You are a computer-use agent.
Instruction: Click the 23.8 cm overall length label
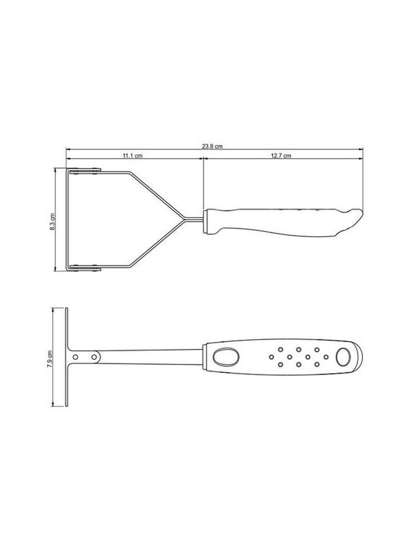click(x=212, y=146)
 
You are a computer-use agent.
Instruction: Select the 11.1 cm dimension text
click(x=132, y=155)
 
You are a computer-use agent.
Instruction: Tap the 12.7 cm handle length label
click(x=281, y=155)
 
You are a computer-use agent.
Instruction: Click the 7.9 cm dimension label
click(x=50, y=357)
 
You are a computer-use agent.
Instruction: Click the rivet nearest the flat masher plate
click(x=76, y=356)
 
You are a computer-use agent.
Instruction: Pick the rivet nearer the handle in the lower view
click(x=94, y=356)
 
